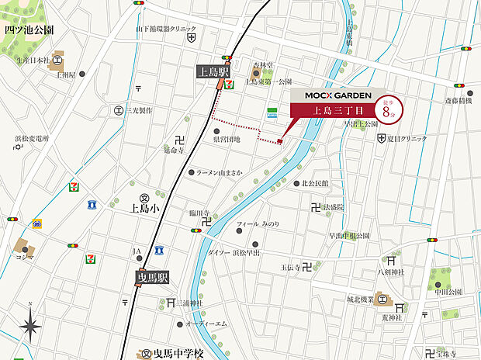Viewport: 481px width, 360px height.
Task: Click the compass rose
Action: [30, 321]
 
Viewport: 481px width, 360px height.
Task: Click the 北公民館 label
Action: [315, 184]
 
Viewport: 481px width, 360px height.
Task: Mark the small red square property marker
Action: [279, 141]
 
